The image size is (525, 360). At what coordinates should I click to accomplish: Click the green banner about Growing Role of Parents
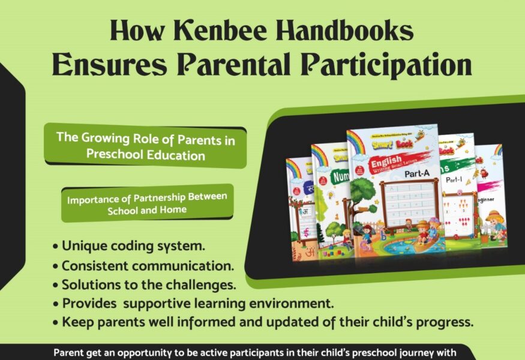(145, 146)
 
